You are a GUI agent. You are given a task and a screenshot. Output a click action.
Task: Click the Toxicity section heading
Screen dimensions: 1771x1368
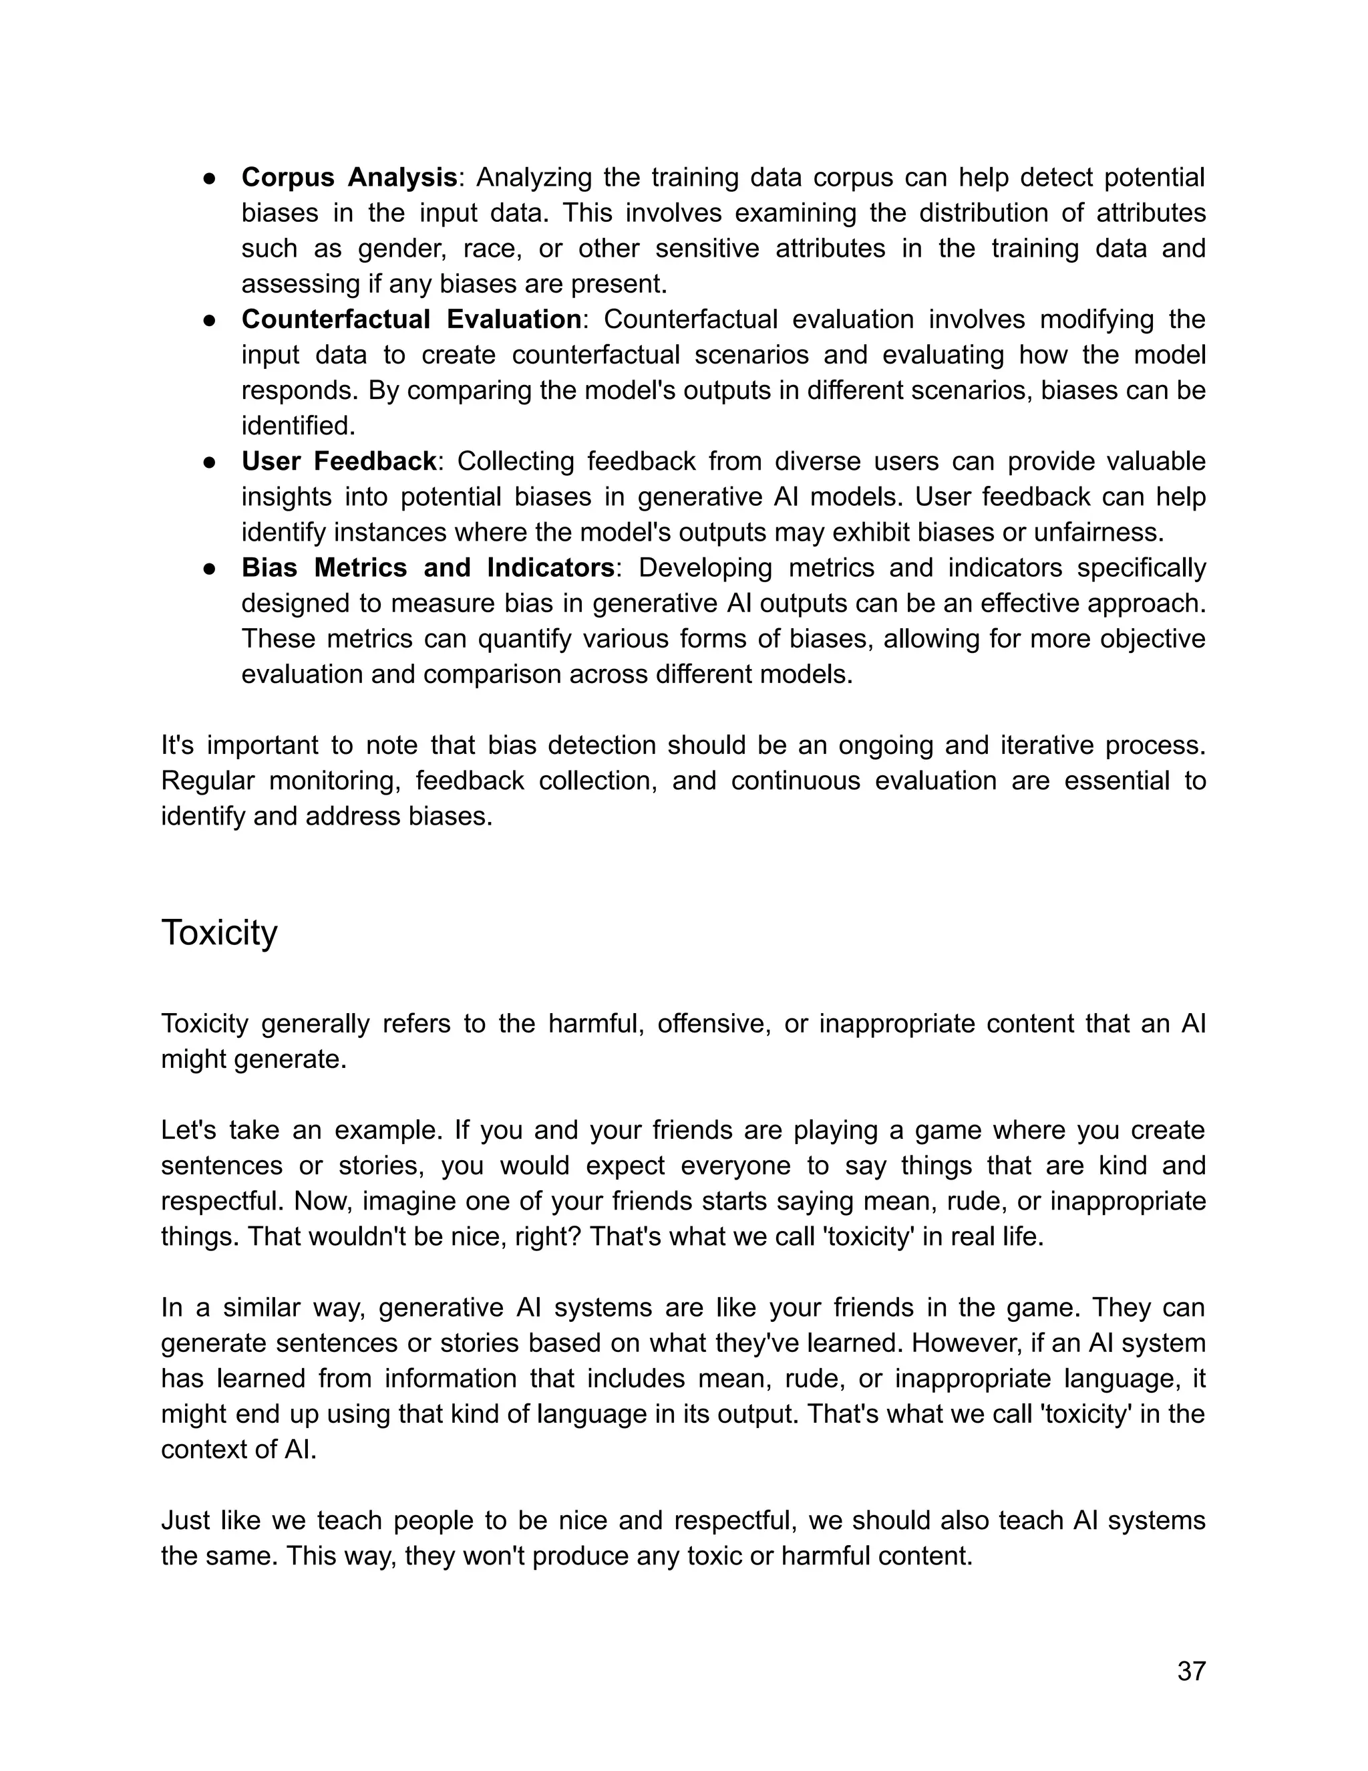219,932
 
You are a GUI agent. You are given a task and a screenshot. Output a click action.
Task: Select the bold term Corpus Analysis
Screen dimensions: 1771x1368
349,177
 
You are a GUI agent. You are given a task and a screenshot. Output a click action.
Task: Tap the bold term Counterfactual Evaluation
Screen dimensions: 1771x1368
411,319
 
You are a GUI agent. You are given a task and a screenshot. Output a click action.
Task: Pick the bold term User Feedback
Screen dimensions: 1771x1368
339,461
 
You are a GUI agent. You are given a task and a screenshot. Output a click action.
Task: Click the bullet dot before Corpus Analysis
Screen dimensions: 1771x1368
209,178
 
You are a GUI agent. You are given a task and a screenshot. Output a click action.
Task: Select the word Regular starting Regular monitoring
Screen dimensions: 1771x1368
208,781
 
